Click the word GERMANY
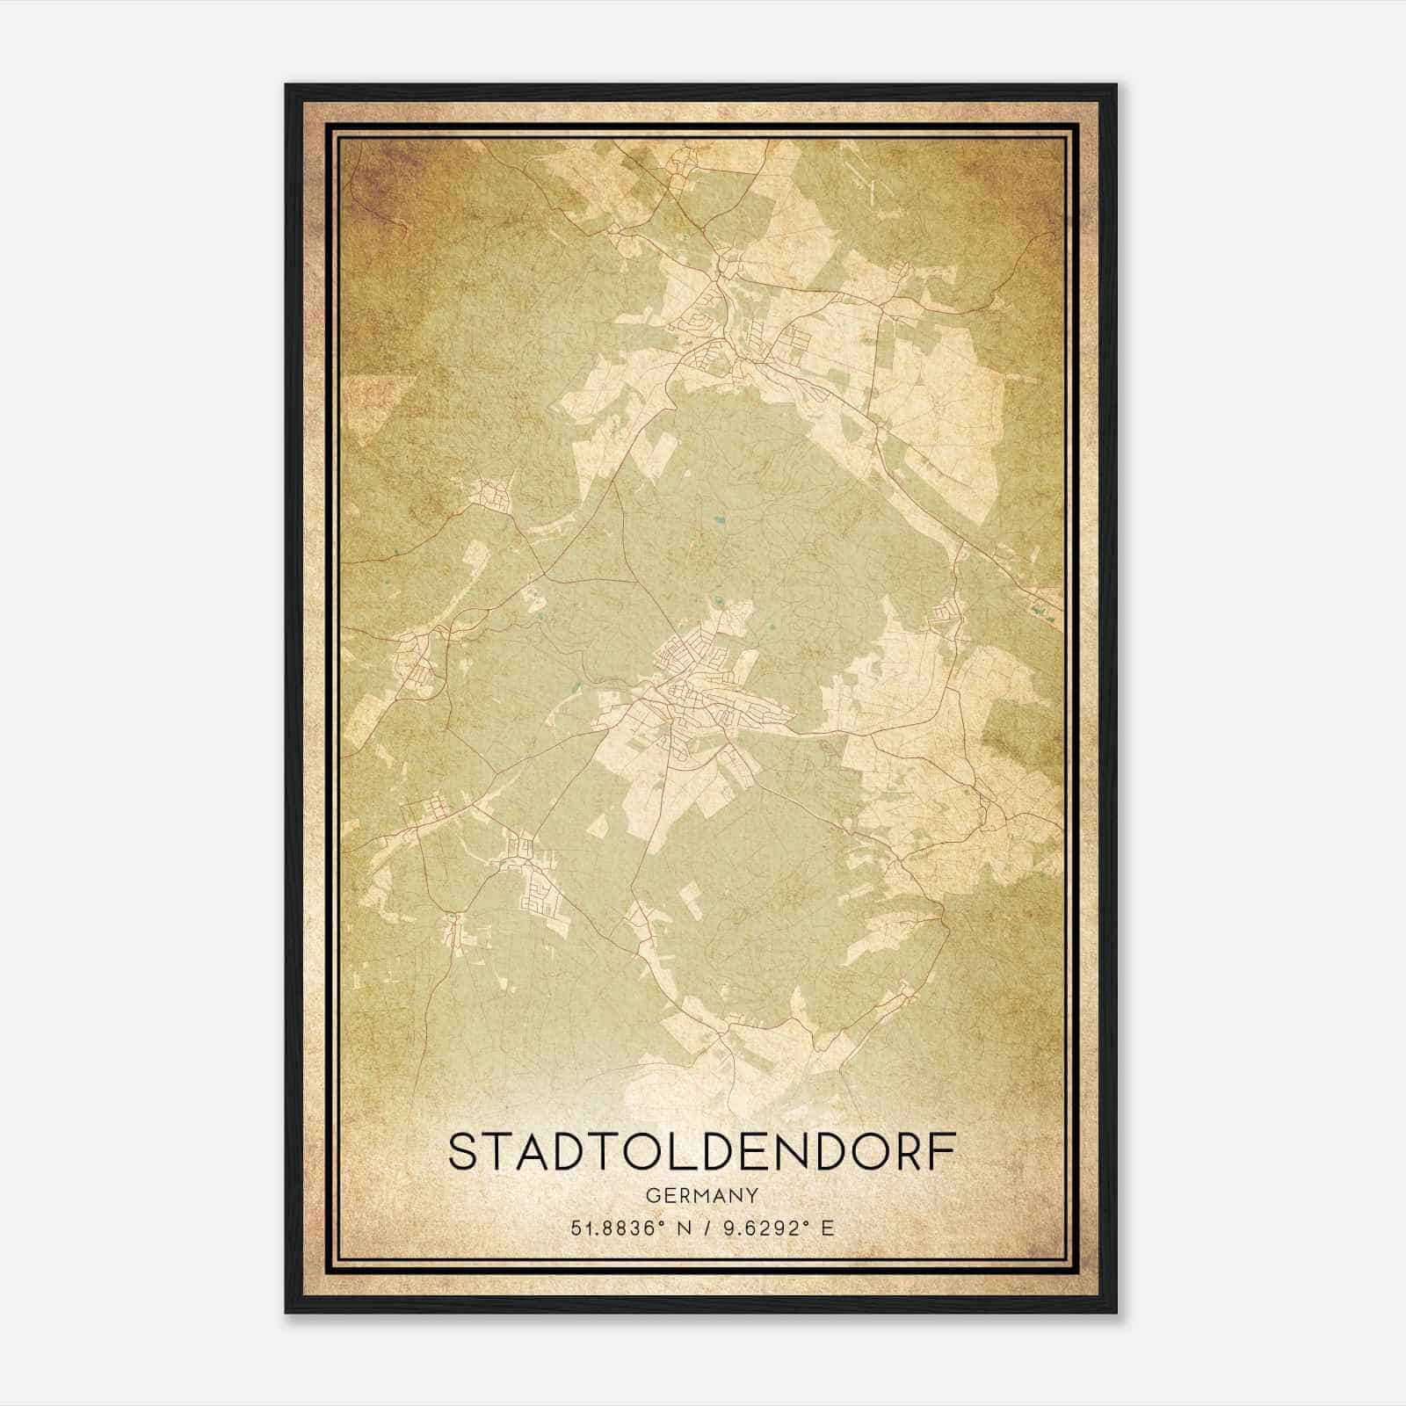pos(700,1195)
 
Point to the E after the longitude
pos(826,1228)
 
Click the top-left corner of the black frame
pos(287,86)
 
